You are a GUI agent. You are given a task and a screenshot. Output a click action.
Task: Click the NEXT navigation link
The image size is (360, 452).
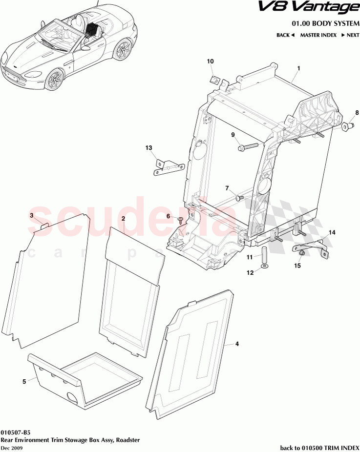[350, 35]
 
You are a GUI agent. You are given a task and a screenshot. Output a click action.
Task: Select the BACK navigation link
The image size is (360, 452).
[285, 35]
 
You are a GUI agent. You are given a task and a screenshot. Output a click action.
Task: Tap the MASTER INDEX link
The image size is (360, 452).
[318, 35]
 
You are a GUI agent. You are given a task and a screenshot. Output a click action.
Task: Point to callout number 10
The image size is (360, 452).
[211, 62]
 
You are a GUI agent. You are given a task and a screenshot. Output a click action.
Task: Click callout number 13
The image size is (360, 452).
[149, 147]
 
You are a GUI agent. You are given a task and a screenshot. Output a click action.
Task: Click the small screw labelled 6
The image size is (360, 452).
[181, 221]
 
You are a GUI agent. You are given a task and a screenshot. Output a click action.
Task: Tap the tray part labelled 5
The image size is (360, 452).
[83, 381]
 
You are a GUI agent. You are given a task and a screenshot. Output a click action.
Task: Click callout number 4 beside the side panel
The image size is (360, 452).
[237, 344]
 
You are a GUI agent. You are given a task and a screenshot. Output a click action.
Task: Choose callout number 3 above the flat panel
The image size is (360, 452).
[32, 215]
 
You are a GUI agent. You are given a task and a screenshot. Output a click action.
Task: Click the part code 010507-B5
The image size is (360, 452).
[16, 432]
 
